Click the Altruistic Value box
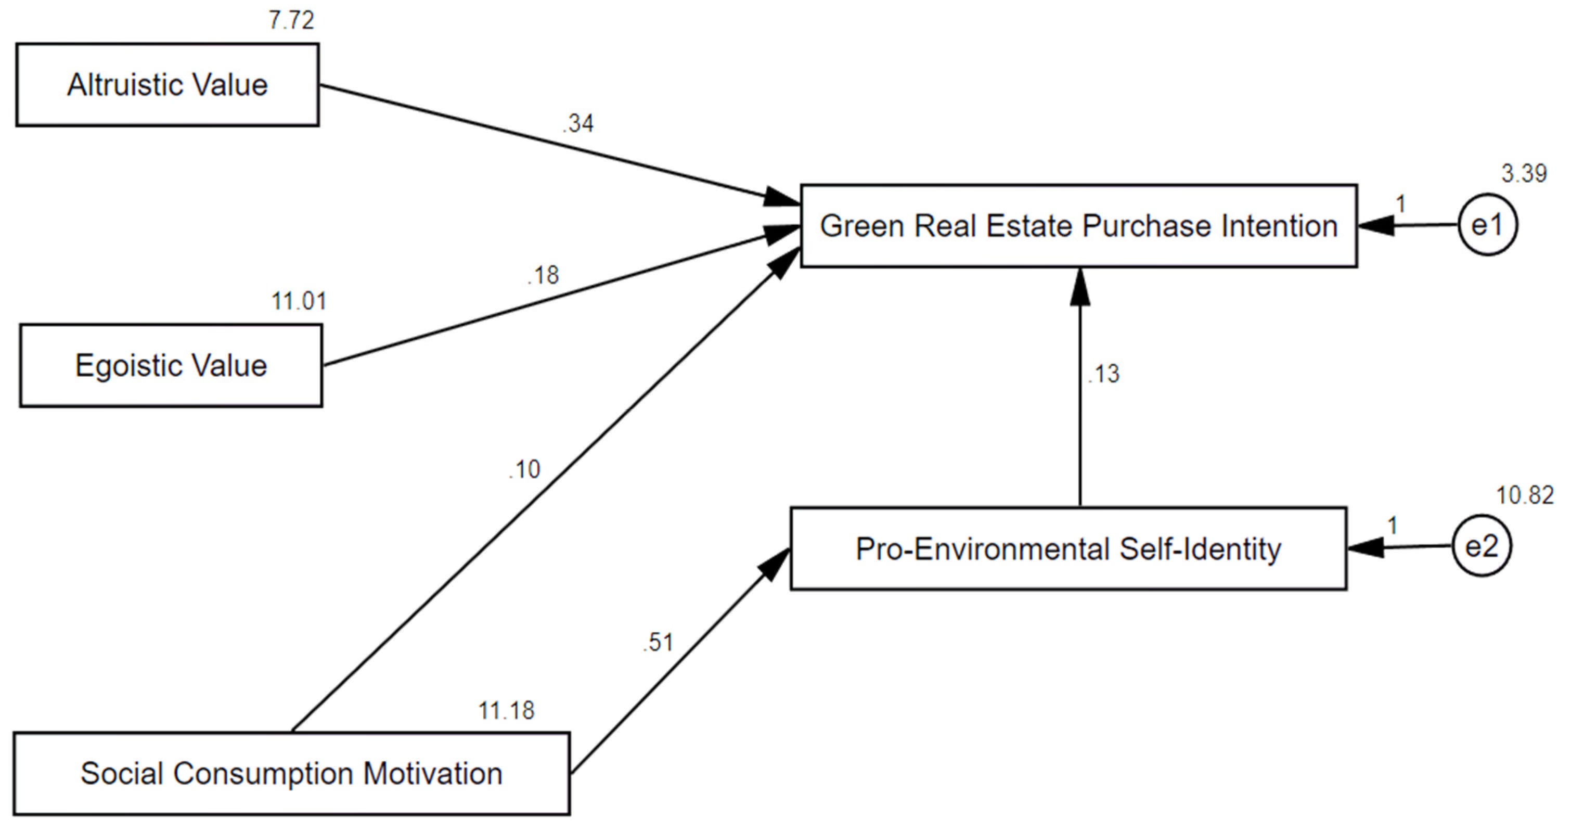coord(167,85)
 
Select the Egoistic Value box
coord(171,365)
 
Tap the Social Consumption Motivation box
coord(291,774)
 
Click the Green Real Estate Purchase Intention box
coord(1078,226)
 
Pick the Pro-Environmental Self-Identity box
coord(1068,548)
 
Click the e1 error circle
coord(1487,226)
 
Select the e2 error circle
coord(1482,546)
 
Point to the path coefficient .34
coord(577,124)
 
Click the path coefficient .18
coord(543,276)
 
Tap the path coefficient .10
coord(524,469)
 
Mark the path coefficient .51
coord(658,643)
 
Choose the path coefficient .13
coord(1104,374)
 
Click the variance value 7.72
coord(291,21)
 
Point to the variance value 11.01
coord(299,301)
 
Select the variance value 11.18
coord(506,711)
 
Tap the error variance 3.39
coord(1524,174)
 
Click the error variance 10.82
coord(1525,495)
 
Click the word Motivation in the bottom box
coord(432,774)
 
